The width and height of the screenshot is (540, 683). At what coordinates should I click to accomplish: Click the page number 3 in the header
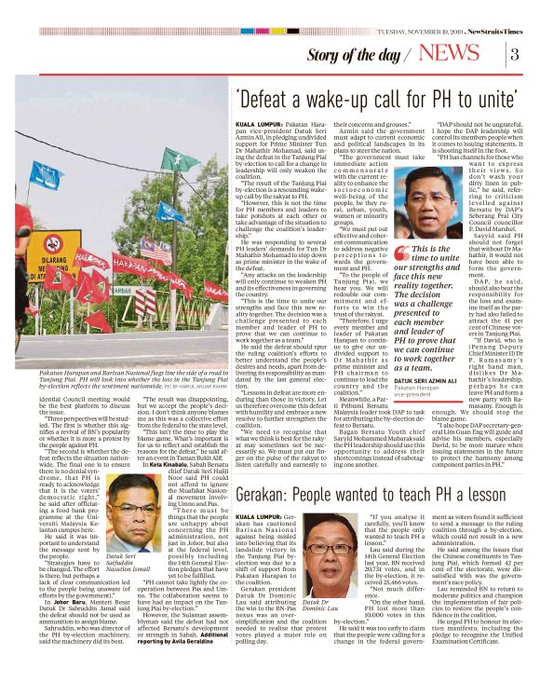click(514, 52)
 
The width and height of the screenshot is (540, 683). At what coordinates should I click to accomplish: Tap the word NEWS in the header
click(463, 52)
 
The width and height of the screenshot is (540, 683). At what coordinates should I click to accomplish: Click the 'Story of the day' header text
click(363, 54)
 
